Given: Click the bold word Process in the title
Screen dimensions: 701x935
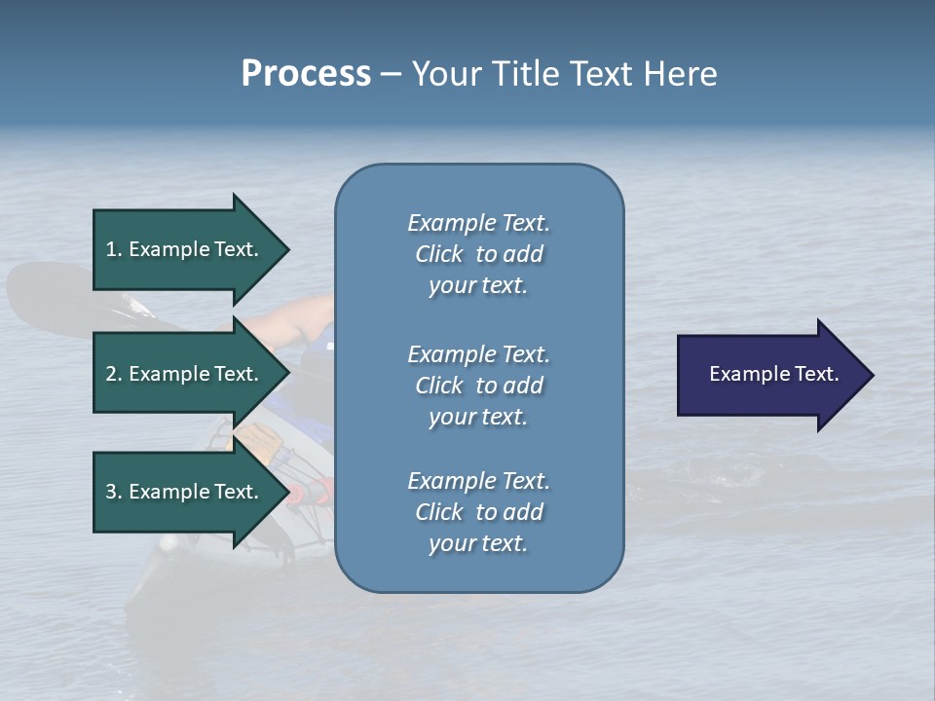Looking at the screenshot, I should [x=306, y=74].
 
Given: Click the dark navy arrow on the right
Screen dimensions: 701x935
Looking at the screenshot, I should [x=769, y=374].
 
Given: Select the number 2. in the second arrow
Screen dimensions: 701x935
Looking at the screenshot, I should [x=114, y=374].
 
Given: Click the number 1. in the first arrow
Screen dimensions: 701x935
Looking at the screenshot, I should [x=114, y=249].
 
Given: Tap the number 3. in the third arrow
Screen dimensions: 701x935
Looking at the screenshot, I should [x=114, y=492].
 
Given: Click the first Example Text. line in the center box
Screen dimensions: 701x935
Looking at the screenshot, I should [x=478, y=223].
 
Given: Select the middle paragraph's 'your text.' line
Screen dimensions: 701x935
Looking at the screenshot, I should [x=478, y=417].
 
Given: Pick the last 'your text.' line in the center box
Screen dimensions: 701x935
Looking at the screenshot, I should [x=478, y=543].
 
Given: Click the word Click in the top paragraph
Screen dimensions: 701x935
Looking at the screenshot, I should [x=438, y=254].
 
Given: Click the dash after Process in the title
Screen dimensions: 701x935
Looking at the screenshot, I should [x=391, y=74].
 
